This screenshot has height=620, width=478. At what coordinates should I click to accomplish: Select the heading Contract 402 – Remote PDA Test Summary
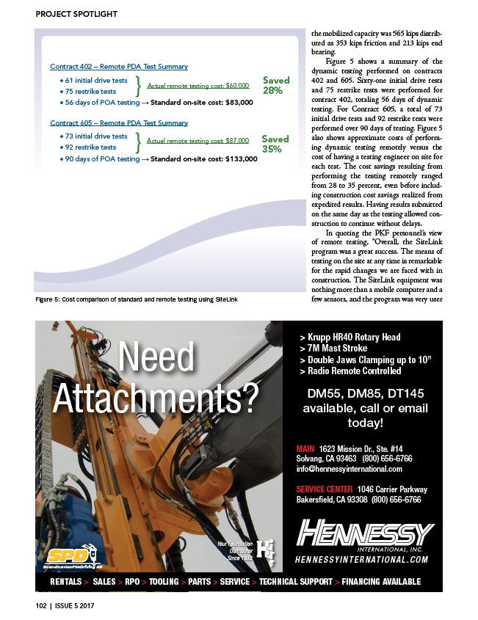point(118,66)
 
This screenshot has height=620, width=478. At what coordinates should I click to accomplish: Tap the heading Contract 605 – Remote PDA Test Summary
point(118,123)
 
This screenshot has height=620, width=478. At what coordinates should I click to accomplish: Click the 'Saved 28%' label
point(275,85)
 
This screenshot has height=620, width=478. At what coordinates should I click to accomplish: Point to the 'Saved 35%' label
point(275,143)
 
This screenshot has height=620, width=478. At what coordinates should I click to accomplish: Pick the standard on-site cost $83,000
point(202,103)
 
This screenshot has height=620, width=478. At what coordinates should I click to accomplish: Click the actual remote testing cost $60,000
point(198,86)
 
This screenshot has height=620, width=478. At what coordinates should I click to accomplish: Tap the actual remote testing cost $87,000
point(198,140)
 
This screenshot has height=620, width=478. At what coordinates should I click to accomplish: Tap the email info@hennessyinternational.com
point(349,469)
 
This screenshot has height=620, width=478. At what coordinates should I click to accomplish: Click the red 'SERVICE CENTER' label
point(325,489)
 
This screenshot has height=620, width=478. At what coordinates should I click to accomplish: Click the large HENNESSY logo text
point(365,533)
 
